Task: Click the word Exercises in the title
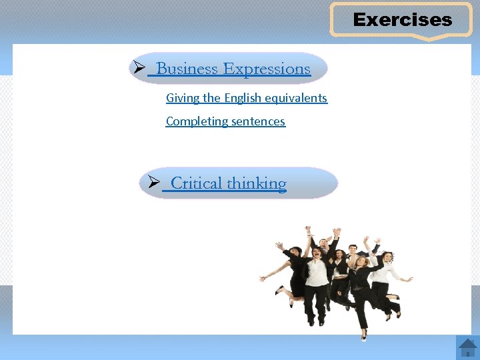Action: (x=402, y=20)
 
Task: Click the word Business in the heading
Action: (x=187, y=69)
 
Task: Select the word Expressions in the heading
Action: (x=267, y=69)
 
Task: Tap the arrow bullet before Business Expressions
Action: (x=139, y=68)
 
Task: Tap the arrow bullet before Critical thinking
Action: (x=153, y=183)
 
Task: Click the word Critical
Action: (x=197, y=183)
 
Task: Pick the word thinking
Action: (x=257, y=183)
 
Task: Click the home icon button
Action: (x=467, y=347)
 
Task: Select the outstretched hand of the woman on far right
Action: (x=409, y=279)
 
